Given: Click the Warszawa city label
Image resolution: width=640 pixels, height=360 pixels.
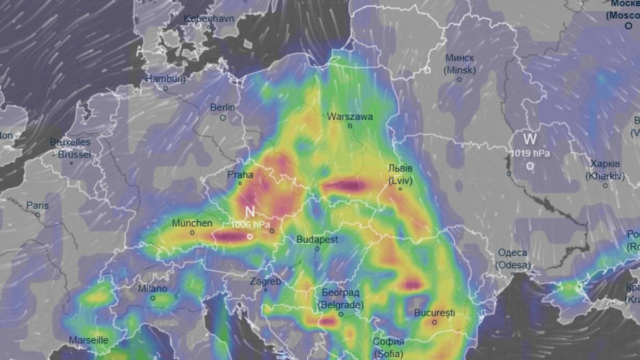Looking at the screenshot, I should [350, 116].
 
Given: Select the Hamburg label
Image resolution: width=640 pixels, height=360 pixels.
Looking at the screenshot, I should [166, 79].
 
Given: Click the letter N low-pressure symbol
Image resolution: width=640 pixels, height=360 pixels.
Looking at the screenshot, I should [250, 212].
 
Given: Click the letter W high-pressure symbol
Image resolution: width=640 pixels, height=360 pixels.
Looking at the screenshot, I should [530, 140].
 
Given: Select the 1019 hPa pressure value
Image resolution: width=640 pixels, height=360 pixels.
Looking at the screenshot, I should [530, 154].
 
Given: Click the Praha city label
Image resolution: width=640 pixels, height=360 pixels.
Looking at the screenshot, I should [241, 174].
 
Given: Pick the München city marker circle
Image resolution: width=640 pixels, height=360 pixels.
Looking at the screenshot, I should [193, 233].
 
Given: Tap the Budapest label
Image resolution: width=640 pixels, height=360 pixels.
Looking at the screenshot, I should [317, 239].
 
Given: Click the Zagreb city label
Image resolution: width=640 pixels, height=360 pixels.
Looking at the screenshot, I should [265, 281].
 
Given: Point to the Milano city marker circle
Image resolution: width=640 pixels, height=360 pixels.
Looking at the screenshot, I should [153, 298].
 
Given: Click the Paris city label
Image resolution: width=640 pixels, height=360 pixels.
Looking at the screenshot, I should [37, 205].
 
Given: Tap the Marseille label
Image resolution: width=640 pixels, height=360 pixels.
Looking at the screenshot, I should [89, 340].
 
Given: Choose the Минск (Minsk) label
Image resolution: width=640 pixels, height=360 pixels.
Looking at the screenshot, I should [459, 63].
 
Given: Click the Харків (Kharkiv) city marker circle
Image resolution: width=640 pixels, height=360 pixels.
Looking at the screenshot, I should [605, 186].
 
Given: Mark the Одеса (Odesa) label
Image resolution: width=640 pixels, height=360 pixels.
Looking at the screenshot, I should [513, 259].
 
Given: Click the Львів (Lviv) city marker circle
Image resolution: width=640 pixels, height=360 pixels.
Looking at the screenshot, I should [401, 189].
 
